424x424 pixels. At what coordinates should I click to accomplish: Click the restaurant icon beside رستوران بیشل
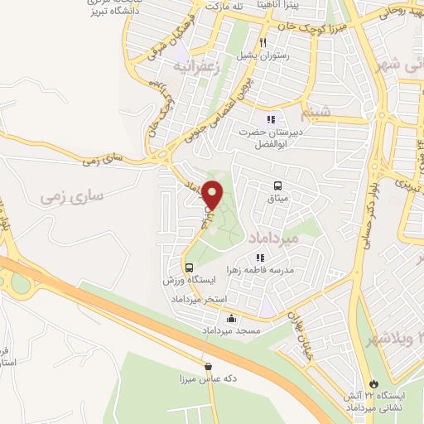[263, 42]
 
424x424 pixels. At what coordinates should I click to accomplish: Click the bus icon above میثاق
[277, 186]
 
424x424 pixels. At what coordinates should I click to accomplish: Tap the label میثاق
[277, 200]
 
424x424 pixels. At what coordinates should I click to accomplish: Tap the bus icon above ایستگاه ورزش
[190, 267]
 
